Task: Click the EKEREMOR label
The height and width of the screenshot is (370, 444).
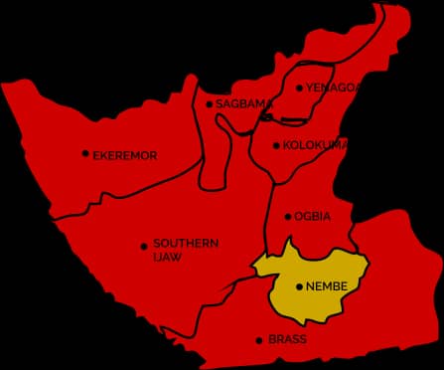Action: (x=125, y=155)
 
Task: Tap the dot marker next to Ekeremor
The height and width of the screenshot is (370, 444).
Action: (x=85, y=154)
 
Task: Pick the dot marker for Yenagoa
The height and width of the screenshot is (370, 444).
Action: (x=300, y=88)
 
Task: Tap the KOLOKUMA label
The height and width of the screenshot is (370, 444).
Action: (x=315, y=145)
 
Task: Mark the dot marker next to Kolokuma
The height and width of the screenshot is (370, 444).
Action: (x=277, y=146)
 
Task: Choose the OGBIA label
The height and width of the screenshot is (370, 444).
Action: (x=312, y=216)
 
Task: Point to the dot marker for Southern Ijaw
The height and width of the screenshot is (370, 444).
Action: (x=144, y=246)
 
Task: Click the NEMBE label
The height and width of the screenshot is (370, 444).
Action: (x=327, y=286)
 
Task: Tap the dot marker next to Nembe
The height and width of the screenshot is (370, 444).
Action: (x=299, y=287)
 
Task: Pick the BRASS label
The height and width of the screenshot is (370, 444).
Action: (x=287, y=339)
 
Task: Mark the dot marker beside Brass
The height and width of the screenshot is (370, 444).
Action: (x=260, y=340)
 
